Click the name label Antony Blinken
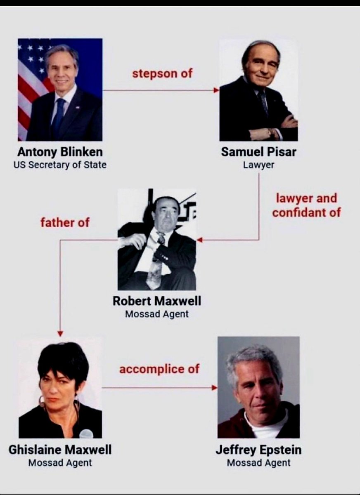coord(60,152)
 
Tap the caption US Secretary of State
coord(60,165)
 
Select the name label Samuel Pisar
coord(258,152)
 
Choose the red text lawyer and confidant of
coord(306,205)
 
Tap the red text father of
coord(65,223)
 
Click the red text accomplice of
coord(159,369)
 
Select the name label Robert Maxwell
coord(157,301)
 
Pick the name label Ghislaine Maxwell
coord(60,449)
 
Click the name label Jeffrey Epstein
coord(258,449)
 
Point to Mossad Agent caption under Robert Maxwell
coord(157,314)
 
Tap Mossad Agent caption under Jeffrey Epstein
coord(258,462)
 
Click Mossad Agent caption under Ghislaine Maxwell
coord(60,462)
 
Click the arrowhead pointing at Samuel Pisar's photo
coord(216,90)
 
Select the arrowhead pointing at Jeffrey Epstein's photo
coord(214,388)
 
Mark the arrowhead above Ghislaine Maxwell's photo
coord(60,333)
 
